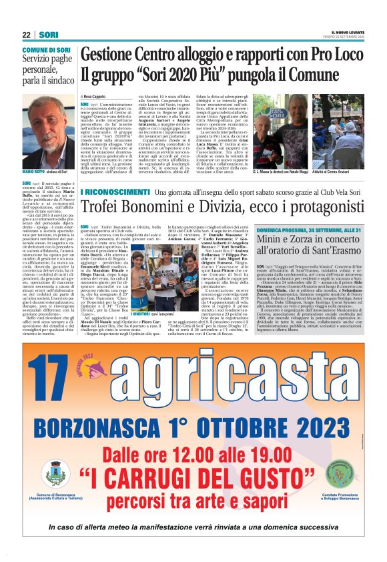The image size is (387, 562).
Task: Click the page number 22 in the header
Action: [x=26, y=35]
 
